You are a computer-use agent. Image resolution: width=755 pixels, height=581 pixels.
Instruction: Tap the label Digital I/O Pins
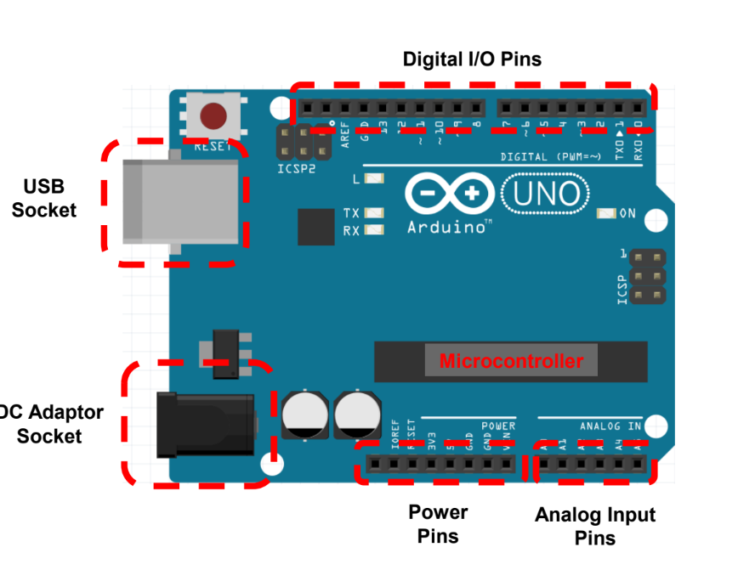(x=472, y=59)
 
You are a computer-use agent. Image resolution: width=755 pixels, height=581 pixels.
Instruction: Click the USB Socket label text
(x=44, y=198)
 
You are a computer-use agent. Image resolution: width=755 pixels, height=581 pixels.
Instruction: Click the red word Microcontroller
(x=511, y=361)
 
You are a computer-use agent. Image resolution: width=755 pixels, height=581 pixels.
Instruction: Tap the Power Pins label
(x=438, y=524)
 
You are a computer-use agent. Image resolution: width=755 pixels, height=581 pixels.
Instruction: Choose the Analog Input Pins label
(x=595, y=526)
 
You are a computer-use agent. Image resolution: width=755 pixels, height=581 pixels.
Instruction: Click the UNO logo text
(x=545, y=195)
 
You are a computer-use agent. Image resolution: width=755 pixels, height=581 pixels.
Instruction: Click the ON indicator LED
(x=606, y=213)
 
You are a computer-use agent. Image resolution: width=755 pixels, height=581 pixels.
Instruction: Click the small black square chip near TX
(x=316, y=227)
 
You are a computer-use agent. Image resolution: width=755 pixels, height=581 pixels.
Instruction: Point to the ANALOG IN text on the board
(x=610, y=426)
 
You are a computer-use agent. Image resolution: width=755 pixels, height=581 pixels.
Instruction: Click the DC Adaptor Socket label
(x=51, y=424)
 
